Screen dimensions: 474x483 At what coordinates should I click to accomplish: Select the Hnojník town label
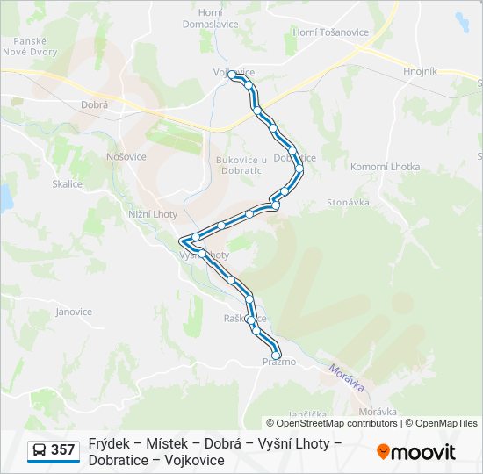pos(419,71)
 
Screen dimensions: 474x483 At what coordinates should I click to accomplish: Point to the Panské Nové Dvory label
pos(35,46)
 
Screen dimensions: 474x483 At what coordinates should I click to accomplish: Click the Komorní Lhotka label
pos(385,167)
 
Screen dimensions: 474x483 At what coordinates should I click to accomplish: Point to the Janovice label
pos(74,312)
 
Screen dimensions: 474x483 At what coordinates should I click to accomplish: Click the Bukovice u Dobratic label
pos(241,165)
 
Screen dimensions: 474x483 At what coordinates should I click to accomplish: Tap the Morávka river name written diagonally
pos(347,378)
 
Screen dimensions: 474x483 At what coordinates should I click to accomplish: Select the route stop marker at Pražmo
pos(277,355)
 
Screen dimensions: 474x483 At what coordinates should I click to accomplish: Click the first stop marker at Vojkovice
pos(233,76)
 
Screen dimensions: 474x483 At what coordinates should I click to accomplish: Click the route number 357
pos(63,450)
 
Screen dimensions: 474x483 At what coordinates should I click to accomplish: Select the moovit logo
pos(416,452)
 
